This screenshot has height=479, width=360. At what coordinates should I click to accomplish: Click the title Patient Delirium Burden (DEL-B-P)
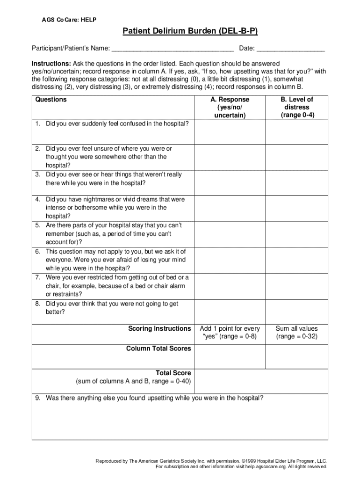190,31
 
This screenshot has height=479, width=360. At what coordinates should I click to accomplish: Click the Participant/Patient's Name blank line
172,48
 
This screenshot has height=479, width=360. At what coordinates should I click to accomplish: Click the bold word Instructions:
51,63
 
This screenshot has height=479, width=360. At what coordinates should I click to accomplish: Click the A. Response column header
230,107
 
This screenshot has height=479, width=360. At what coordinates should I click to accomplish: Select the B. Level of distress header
296,107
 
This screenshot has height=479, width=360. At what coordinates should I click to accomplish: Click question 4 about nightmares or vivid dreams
112,207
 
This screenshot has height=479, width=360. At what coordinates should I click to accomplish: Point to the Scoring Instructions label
159,329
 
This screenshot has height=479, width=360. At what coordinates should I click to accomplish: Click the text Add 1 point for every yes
230,333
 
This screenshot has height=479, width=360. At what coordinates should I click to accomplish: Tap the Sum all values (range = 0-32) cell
296,333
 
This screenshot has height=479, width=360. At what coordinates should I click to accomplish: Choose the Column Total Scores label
158,348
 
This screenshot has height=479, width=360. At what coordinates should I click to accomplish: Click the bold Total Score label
173,373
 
